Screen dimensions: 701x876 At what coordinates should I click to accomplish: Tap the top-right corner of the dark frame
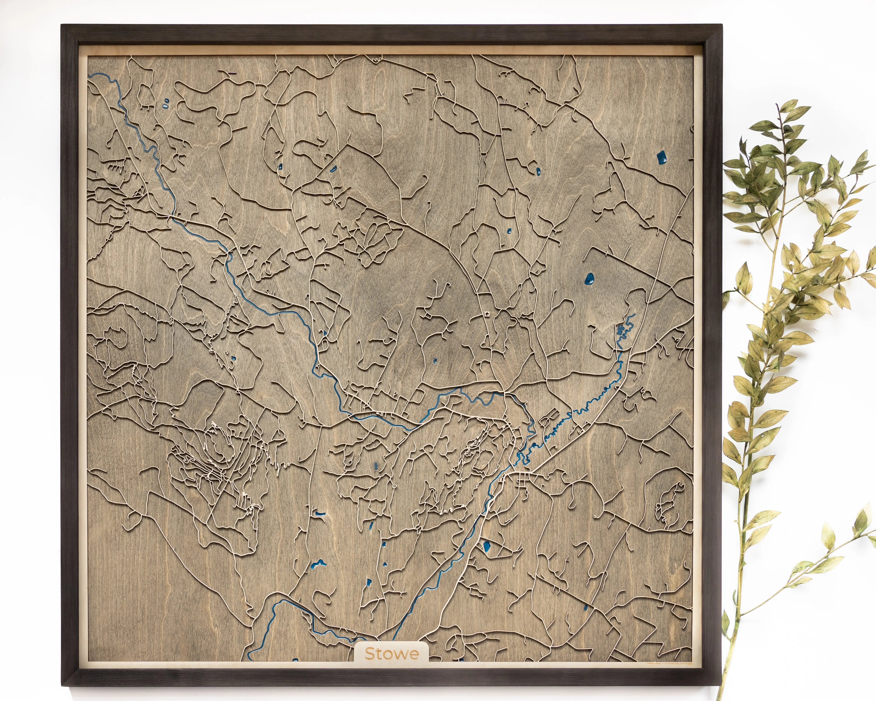point(723,25)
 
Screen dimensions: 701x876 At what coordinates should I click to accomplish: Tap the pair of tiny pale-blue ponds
point(166,104)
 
